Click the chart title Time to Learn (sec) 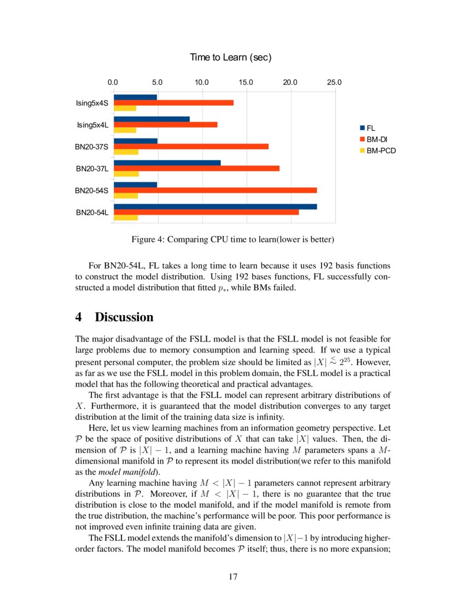pyautogui.click(x=230, y=57)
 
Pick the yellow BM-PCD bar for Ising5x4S pyautogui.click(x=125, y=108)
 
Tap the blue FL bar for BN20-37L pyautogui.click(x=167, y=163)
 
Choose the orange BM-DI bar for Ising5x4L pyautogui.click(x=165, y=125)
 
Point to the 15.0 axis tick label pyautogui.click(x=246, y=83)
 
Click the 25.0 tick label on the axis pyautogui.click(x=334, y=83)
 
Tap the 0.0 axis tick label pyautogui.click(x=113, y=83)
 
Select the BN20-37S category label pyautogui.click(x=91, y=147)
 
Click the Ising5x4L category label pyautogui.click(x=92, y=125)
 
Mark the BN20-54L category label pyautogui.click(x=91, y=212)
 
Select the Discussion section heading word pyautogui.click(x=124, y=317)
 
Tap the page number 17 pyautogui.click(x=233, y=576)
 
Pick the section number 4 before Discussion pyautogui.click(x=78, y=317)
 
